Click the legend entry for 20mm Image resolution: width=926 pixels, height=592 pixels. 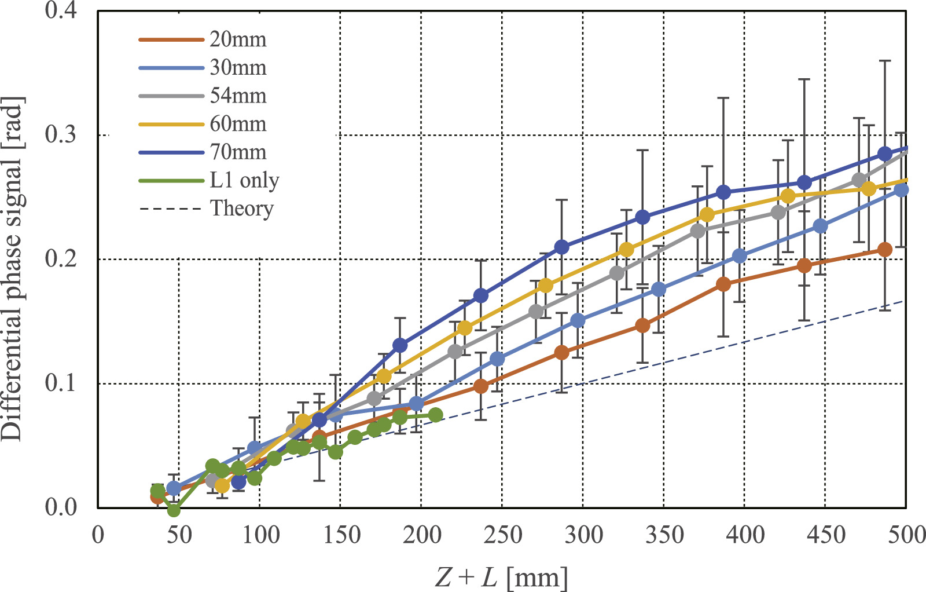237,39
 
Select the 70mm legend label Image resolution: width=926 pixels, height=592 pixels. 237,152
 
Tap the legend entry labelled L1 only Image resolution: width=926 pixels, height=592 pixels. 244,181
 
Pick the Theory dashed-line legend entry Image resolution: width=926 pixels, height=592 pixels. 241,208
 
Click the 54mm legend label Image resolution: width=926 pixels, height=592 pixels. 237,96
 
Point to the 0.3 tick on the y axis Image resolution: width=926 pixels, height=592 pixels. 61,134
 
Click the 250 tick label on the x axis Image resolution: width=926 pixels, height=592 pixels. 502,535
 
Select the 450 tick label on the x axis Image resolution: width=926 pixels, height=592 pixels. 825,535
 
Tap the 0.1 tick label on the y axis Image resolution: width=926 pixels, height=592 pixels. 61,383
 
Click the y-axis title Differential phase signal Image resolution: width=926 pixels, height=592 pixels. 13,269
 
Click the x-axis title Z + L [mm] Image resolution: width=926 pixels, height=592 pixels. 501,577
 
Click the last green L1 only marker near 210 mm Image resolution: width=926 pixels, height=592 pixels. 436,415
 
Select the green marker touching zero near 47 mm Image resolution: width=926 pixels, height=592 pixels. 174,510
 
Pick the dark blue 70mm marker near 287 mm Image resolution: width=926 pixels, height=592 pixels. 561,247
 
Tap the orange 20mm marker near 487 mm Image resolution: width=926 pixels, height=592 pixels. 884,250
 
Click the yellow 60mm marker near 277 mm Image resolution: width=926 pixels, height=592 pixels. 545,286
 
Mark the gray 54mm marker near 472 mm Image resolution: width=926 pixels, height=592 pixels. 859,180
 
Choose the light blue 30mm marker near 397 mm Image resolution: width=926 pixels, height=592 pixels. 739,256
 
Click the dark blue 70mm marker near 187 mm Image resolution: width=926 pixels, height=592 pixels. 400,345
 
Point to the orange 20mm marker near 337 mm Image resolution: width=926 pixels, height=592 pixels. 642,326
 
